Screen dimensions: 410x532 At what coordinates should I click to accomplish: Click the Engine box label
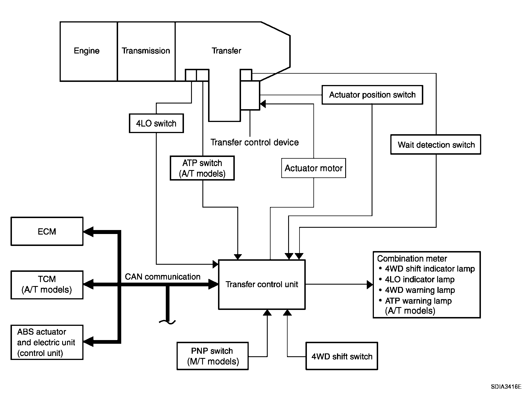coord(87,51)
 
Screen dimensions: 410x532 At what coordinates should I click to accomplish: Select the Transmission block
coord(146,51)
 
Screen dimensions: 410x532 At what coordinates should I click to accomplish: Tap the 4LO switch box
coord(156,123)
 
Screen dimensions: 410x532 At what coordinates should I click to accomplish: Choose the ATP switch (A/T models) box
coord(202,168)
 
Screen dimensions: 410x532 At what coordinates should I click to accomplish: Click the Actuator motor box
coord(313,168)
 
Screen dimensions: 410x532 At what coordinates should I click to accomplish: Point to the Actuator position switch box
coord(372,95)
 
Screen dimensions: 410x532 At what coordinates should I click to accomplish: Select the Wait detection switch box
coord(436,145)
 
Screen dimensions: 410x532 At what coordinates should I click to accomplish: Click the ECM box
coord(47,231)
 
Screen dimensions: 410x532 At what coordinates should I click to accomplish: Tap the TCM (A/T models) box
coord(47,285)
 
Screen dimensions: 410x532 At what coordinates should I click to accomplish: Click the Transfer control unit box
coord(261,284)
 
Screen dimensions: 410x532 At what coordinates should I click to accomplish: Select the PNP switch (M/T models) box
coord(213,356)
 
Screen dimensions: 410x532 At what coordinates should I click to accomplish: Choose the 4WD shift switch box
coord(342,356)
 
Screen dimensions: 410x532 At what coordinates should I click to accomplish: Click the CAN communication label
coord(162,277)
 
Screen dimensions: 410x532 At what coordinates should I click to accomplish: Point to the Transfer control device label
coord(254,142)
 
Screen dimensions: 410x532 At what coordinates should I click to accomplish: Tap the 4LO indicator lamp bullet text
coord(420,279)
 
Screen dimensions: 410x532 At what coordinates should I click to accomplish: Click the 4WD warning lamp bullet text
coord(420,290)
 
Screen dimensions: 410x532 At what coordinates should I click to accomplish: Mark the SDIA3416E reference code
coord(506,387)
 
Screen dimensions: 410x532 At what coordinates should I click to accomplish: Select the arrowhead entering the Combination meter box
coord(370,284)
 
